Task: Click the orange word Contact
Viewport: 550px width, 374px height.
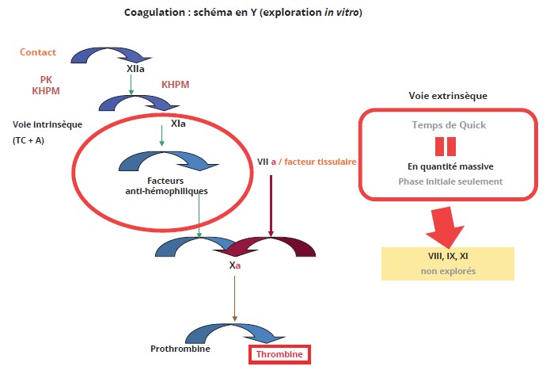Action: [38, 52]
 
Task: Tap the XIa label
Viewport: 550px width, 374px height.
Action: [179, 124]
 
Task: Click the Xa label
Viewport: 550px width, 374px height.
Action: [235, 265]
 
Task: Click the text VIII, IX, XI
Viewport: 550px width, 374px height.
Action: [447, 256]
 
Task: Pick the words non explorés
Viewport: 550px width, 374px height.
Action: [447, 272]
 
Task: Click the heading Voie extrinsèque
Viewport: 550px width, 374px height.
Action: [447, 95]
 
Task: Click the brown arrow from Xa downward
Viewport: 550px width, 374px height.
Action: [234, 297]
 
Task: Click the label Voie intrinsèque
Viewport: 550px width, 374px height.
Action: [47, 124]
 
